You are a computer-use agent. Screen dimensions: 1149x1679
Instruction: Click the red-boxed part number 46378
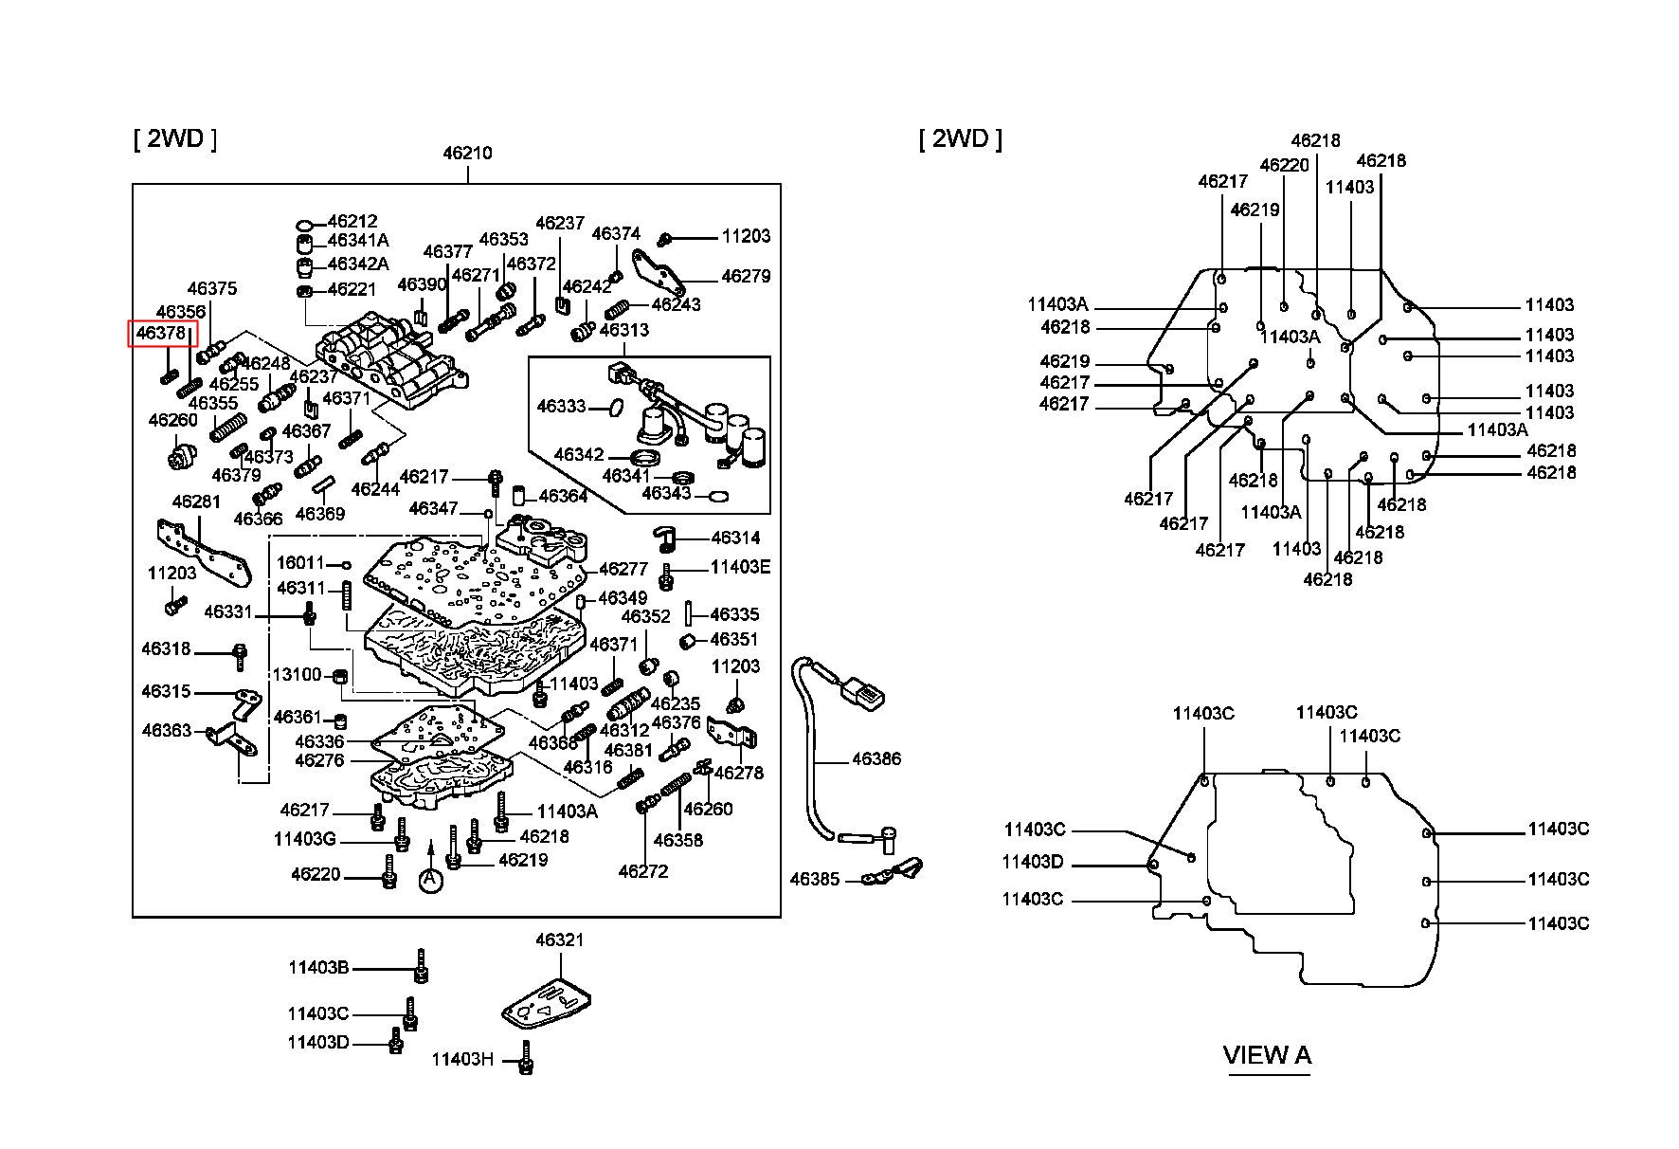click(x=161, y=333)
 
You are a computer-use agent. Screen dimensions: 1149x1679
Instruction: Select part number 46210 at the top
click(x=467, y=153)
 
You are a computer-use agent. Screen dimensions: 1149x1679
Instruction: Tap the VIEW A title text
click(x=1267, y=1054)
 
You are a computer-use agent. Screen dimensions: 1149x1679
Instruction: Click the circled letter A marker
click(x=430, y=880)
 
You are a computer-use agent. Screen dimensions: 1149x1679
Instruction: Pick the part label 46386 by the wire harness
click(x=876, y=758)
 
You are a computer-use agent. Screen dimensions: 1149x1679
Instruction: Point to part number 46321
click(x=559, y=939)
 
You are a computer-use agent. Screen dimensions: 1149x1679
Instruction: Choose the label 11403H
click(x=462, y=1059)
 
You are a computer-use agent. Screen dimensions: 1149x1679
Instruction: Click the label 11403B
click(x=318, y=968)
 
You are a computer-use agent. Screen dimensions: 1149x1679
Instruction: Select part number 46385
click(x=815, y=880)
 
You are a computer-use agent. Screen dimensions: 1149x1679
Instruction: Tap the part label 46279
click(x=746, y=276)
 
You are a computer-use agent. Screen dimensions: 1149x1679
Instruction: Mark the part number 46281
click(x=196, y=501)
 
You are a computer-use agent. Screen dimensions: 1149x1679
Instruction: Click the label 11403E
click(x=740, y=567)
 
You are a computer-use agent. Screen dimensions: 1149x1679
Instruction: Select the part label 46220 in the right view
click(x=1284, y=165)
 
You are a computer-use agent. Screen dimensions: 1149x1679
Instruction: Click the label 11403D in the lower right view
click(x=1033, y=862)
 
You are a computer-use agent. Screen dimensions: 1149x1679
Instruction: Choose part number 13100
click(x=298, y=674)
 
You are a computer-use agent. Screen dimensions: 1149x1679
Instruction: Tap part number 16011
click(x=300, y=563)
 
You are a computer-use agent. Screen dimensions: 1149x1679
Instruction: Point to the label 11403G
click(x=304, y=839)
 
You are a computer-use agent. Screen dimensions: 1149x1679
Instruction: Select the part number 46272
click(x=643, y=870)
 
